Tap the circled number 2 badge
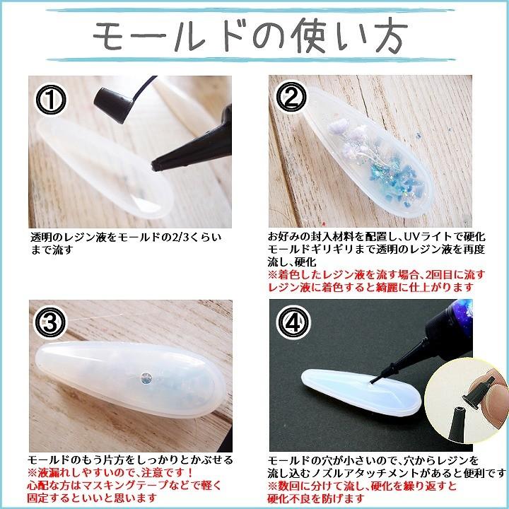290,100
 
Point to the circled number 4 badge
290,324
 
